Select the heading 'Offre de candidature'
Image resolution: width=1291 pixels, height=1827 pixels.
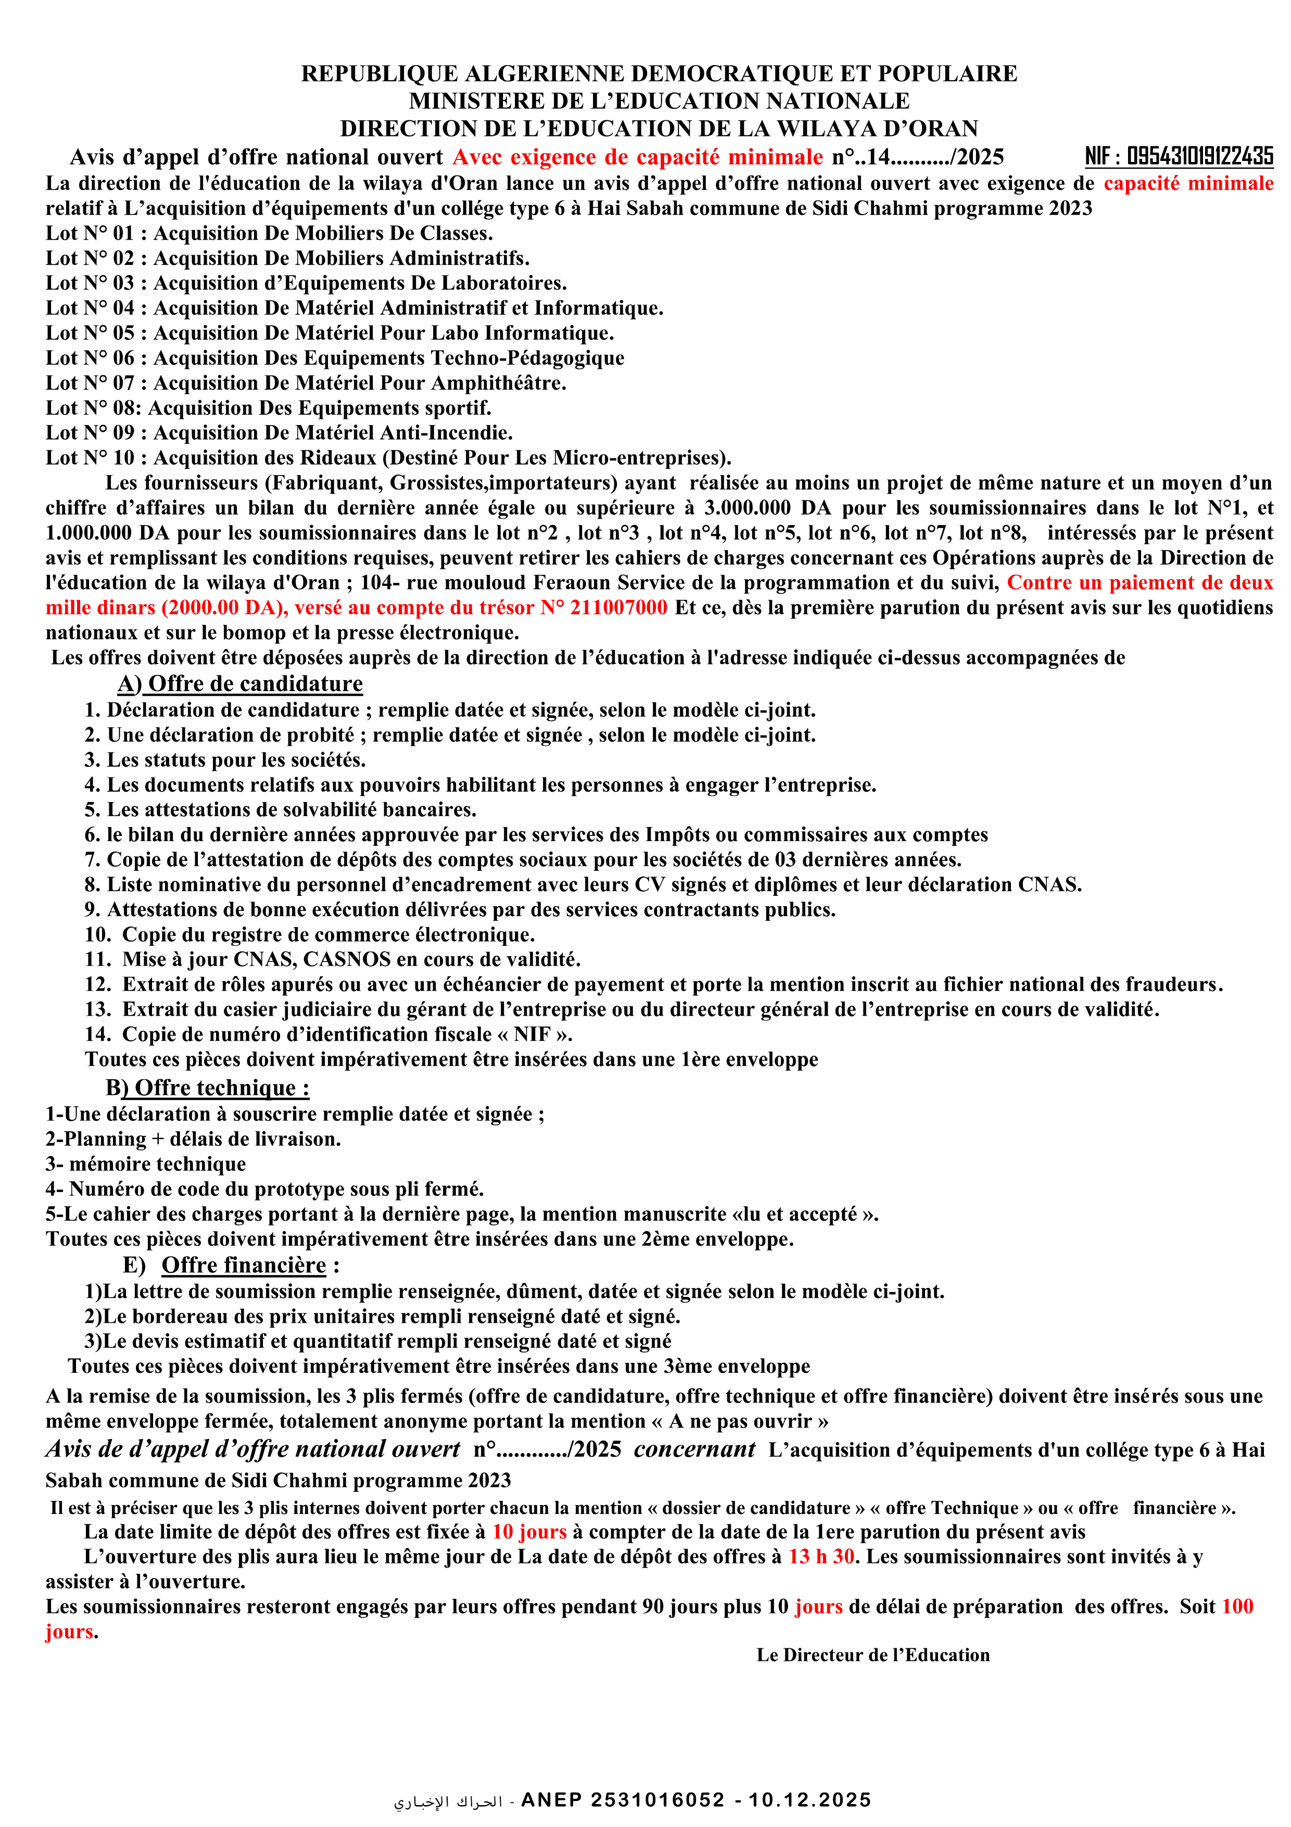(x=255, y=684)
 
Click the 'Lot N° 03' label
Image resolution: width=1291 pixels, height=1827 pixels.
(x=90, y=283)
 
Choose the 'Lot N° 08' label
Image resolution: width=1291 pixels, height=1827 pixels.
(x=90, y=408)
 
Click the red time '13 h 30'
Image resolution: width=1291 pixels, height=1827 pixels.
(x=821, y=1557)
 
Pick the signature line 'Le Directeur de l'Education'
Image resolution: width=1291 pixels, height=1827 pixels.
(x=872, y=1655)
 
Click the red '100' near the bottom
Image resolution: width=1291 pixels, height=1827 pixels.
(x=1237, y=1607)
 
